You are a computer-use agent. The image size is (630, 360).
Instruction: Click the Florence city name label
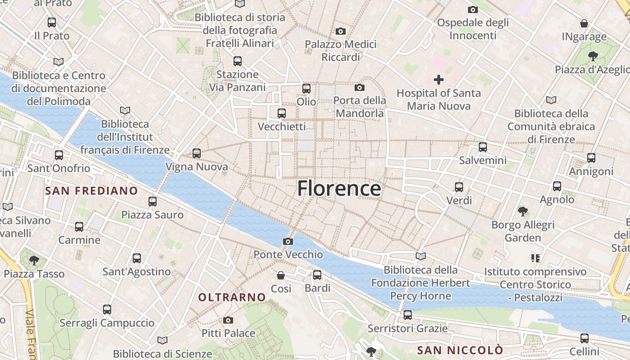pos(339,188)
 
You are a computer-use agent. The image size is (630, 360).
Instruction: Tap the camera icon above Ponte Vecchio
pos(288,242)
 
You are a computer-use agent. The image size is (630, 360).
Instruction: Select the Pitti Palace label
pos(228,333)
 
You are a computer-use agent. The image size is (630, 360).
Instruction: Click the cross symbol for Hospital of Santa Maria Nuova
pos(439,80)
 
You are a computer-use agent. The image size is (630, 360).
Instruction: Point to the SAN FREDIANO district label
pos(91,191)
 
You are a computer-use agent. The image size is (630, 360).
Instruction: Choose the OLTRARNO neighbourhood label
pos(232,297)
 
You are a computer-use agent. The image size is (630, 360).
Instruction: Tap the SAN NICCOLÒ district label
pos(460,350)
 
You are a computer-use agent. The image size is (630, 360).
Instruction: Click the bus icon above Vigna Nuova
pos(197,153)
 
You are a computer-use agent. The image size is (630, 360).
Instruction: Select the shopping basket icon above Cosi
pos(281,275)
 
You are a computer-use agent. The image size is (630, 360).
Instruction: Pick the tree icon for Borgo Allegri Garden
pos(523,211)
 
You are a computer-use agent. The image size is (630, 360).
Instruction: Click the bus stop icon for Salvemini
pos(483,147)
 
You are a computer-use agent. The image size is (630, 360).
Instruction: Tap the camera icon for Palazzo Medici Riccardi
pos(341,31)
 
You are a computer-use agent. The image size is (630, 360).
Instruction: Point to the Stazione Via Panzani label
pos(238,81)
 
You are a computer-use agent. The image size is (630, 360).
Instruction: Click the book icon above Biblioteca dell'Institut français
pos(125,110)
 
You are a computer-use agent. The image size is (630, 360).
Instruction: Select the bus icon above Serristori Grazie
pos(408,315)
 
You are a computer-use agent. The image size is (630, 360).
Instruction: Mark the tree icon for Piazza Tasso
pos(34,260)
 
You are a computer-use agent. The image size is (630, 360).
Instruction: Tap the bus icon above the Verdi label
pos(459,187)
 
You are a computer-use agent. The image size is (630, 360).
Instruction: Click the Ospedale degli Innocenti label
pos(473,29)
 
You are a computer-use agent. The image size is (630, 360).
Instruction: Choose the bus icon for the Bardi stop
pos(317,274)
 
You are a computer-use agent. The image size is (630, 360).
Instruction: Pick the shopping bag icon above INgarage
pos(584,23)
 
